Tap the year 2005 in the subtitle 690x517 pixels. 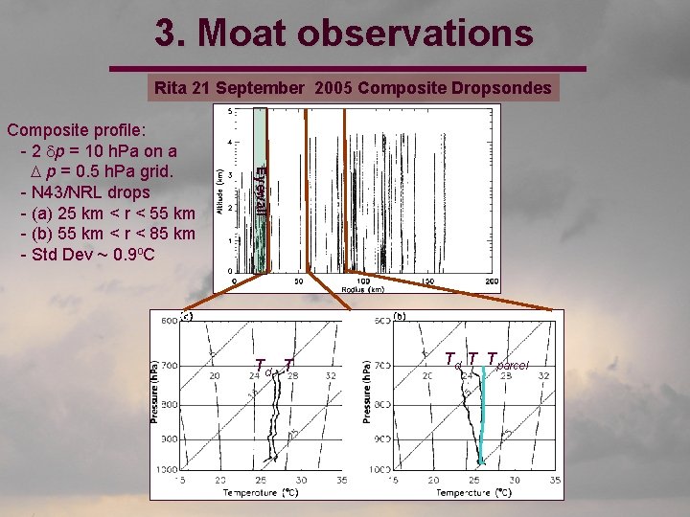click(304, 88)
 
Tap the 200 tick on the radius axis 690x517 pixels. click(493, 281)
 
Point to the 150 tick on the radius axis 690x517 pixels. click(427, 281)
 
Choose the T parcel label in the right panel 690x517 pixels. click(507, 361)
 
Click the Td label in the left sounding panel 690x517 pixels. click(262, 365)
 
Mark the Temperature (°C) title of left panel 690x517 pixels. click(262, 493)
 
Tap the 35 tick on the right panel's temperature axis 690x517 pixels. click(554, 479)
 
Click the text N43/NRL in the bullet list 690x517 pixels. click(65, 192)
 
